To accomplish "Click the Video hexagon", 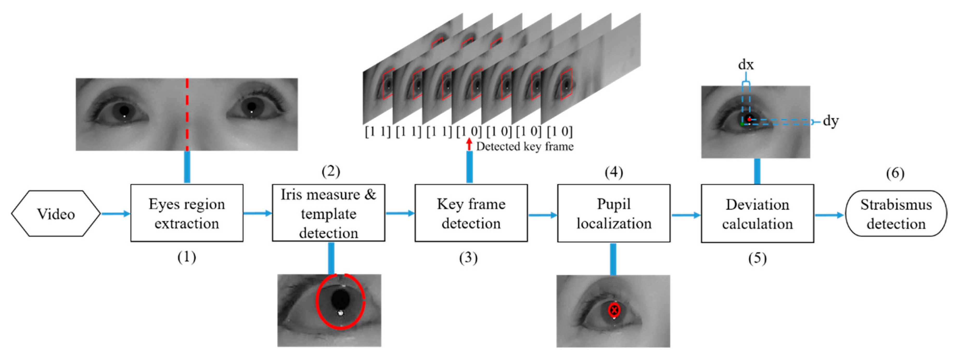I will (56, 214).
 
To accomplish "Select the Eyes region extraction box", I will (187, 213).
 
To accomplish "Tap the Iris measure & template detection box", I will (329, 213).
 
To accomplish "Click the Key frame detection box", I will (471, 213).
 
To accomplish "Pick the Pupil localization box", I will (614, 214).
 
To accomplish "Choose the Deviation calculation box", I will (757, 214).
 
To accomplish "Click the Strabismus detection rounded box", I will (896, 214).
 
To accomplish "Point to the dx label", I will (746, 65).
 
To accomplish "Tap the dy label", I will (830, 121).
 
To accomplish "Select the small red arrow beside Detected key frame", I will (469, 144).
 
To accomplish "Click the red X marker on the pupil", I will (614, 310).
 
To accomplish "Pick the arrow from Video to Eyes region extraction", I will (116, 214).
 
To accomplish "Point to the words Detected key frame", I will (524, 146).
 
